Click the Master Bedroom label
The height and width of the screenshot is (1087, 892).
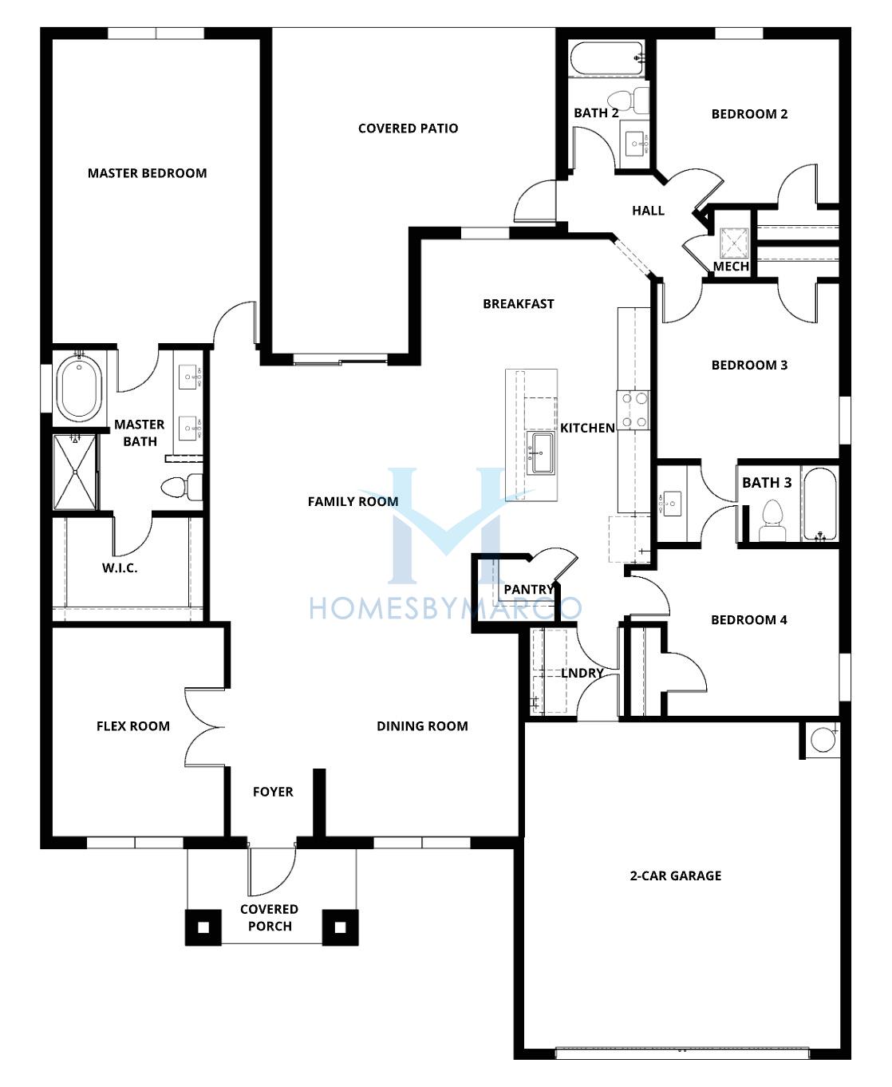click(x=147, y=173)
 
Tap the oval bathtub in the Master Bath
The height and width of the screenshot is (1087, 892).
click(x=79, y=388)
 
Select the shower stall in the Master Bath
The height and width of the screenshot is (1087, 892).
click(x=75, y=472)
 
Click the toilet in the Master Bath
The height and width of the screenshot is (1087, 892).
click(x=181, y=487)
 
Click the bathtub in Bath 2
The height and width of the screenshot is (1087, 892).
click(x=607, y=59)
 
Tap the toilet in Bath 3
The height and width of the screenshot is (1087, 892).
click(x=772, y=520)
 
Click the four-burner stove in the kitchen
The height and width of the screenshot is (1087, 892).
click(x=633, y=410)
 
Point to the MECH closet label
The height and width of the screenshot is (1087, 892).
click(x=730, y=267)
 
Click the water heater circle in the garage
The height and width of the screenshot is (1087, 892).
click(x=823, y=740)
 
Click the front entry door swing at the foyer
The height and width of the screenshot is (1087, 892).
click(x=272, y=871)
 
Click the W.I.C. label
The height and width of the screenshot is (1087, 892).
click(x=120, y=568)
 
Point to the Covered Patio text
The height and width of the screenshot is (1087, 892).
click(x=409, y=128)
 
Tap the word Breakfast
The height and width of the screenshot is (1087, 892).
click(x=519, y=304)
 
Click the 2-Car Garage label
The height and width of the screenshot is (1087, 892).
click(x=676, y=876)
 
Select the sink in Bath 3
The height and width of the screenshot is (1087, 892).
click(x=670, y=504)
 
